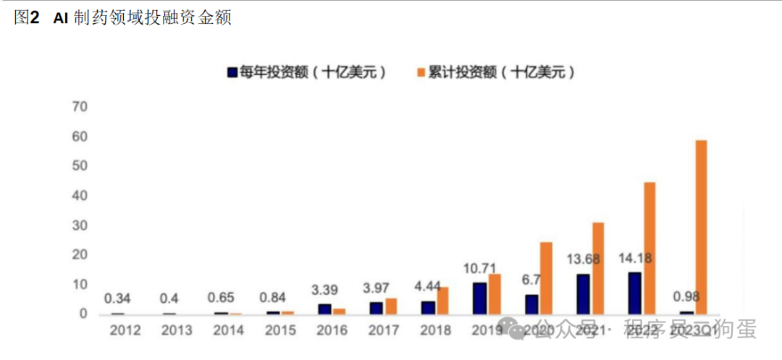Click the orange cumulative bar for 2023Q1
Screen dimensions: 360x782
pos(701,227)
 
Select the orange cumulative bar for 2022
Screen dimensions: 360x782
pos(649,248)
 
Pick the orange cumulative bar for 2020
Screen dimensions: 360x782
pos(546,277)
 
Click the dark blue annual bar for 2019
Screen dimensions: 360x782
pos(479,298)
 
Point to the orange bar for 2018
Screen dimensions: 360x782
pos(442,300)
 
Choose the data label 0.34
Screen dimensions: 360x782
pos(117,298)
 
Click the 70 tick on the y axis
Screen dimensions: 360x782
pos(79,107)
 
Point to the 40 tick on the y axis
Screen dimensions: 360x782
pos(79,196)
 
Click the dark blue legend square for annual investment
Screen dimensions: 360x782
pos(232,72)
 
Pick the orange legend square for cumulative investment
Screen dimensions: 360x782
pos(420,72)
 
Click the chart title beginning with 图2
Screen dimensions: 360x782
pos(122,18)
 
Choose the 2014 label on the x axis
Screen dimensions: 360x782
pos(229,330)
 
